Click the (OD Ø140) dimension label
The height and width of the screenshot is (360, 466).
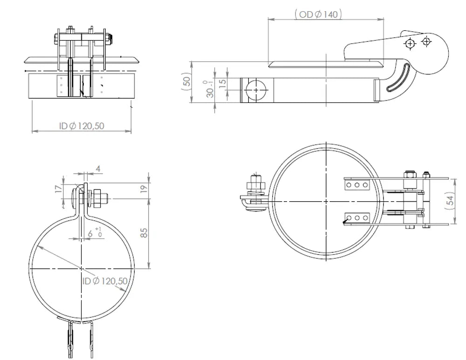point(318,14)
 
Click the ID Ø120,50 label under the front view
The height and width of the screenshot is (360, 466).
point(82,126)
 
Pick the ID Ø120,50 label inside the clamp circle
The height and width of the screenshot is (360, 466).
point(105,281)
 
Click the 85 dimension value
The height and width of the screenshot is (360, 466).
point(144,233)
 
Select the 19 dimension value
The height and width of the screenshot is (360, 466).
point(144,188)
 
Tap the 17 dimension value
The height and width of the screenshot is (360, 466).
point(59,188)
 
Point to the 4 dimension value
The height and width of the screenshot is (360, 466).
point(98,169)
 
